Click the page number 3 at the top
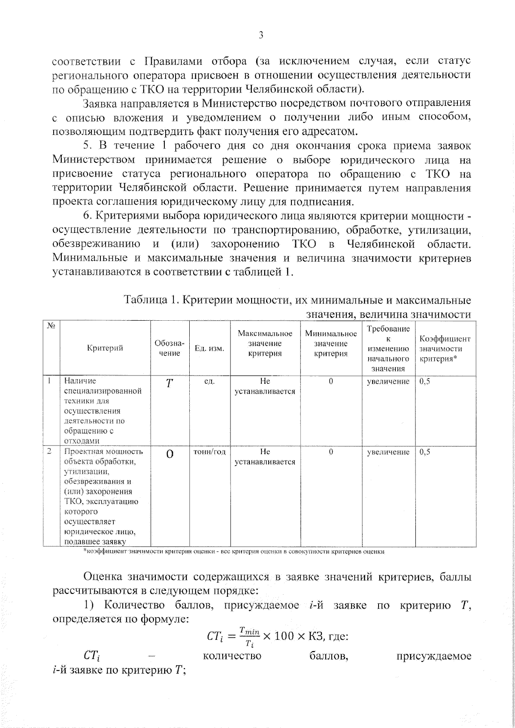tap(261, 35)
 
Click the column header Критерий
tap(105, 348)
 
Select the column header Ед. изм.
tap(209, 348)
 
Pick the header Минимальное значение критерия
tap(330, 343)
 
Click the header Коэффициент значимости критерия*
tap(445, 348)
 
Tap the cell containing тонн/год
tap(210, 452)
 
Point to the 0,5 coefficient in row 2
tap(424, 452)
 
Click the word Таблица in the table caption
tap(145, 299)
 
